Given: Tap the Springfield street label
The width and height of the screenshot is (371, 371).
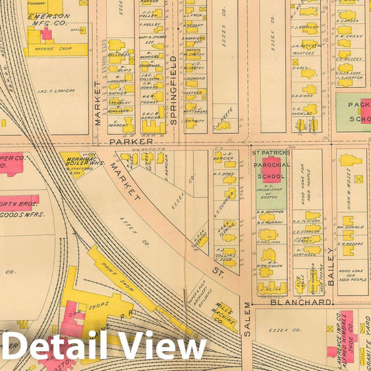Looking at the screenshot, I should [x=173, y=89].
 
